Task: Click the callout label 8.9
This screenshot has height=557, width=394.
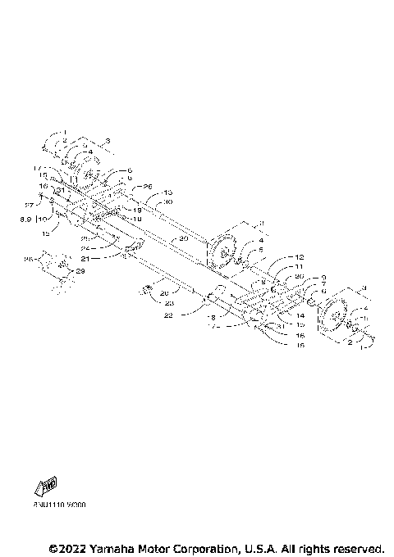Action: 26,220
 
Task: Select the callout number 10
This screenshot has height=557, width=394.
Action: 43,220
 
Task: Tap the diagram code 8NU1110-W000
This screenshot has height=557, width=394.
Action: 60,505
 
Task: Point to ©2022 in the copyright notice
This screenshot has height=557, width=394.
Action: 66,547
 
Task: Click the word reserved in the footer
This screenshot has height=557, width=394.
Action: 356,547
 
